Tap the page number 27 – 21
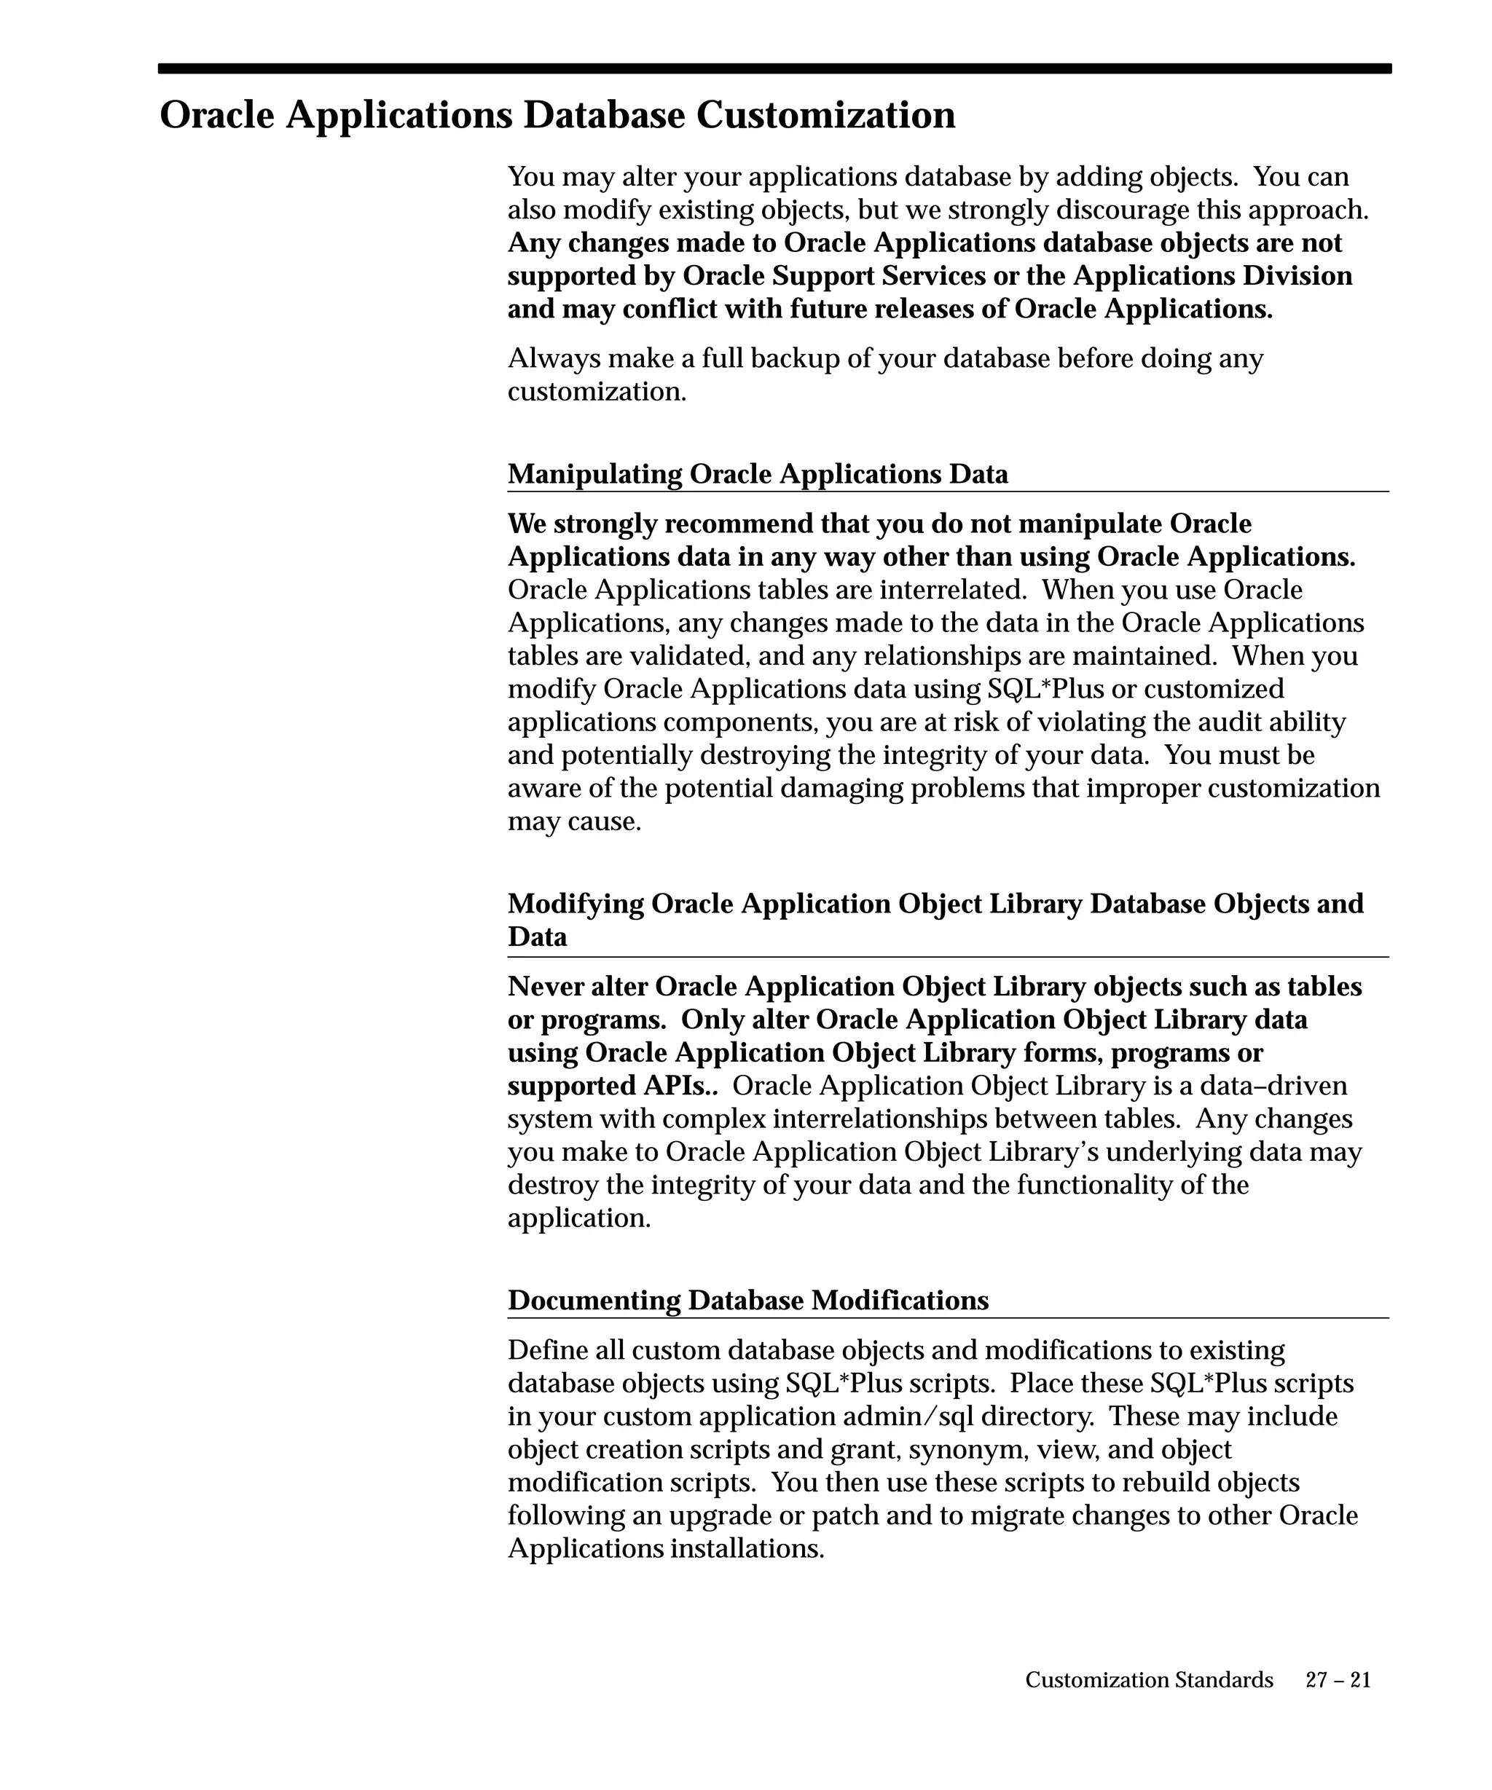(x=1338, y=1679)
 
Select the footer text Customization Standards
(x=1148, y=1679)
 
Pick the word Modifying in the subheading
(x=576, y=904)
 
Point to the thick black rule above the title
(x=774, y=68)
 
